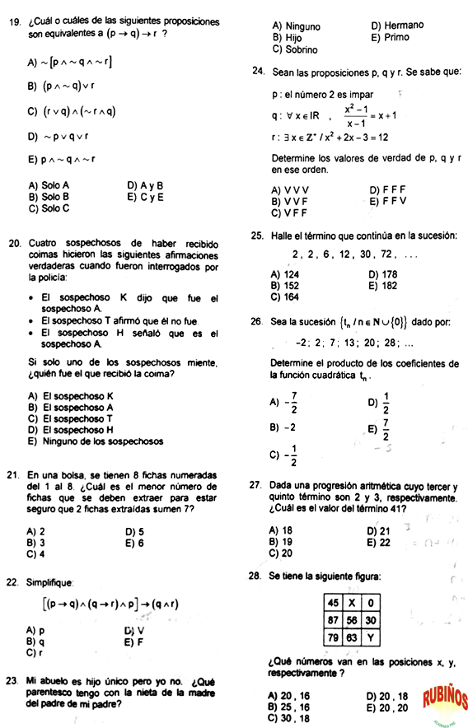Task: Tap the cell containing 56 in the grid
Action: click(350, 620)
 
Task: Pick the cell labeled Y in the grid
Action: click(371, 637)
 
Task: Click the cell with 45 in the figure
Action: click(333, 603)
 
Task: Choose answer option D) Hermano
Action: click(397, 26)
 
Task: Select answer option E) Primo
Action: click(390, 37)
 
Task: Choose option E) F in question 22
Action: click(133, 642)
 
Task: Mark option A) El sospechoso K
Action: click(70, 395)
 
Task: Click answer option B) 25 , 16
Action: click(289, 707)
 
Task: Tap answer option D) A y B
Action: click(145, 186)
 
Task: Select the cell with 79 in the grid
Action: click(333, 637)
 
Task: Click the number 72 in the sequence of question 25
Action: click(386, 254)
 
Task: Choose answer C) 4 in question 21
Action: click(35, 555)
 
